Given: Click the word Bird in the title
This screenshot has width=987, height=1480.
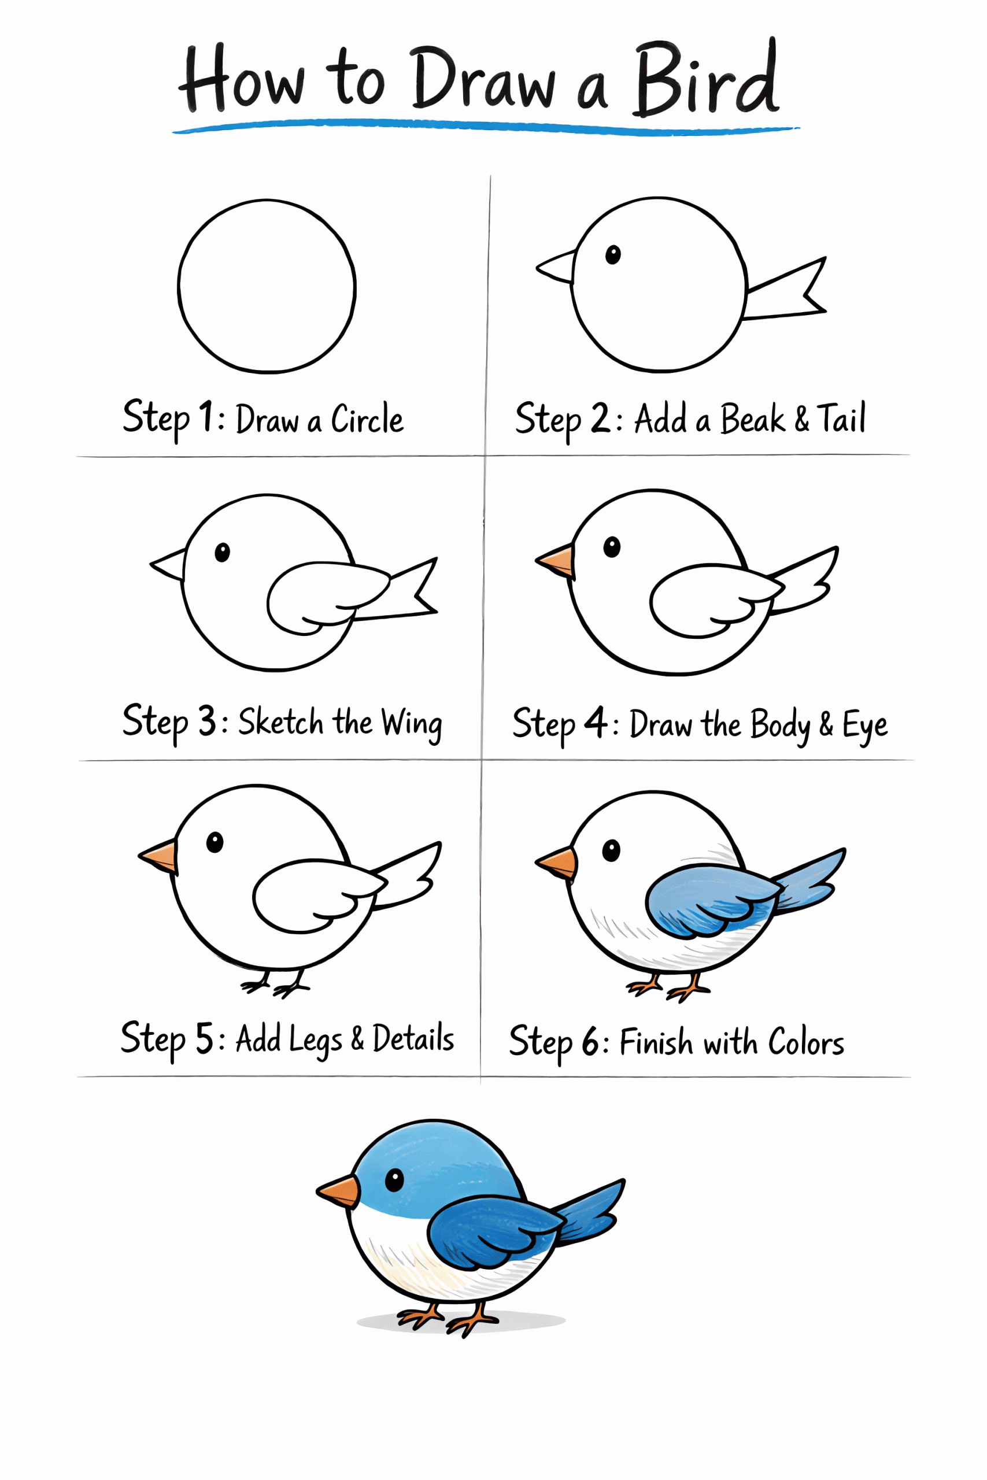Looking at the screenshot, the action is [x=706, y=79].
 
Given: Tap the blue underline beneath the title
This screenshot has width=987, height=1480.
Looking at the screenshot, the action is [x=486, y=128].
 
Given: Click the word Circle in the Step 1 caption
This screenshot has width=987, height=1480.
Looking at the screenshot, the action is [x=368, y=419].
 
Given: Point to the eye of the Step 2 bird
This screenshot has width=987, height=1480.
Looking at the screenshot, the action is [x=612, y=255].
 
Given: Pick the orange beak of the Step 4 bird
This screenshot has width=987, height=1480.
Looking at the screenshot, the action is [x=555, y=561].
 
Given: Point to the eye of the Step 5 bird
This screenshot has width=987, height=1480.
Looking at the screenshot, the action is [x=215, y=842].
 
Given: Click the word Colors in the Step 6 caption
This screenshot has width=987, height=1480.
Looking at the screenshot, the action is [x=805, y=1043].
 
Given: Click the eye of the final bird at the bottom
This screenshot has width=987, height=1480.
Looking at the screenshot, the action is [x=394, y=1180].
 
